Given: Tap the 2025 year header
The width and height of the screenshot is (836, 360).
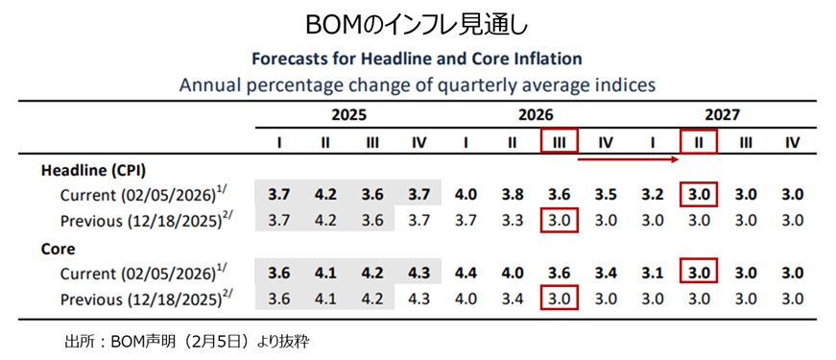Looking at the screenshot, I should (x=349, y=114).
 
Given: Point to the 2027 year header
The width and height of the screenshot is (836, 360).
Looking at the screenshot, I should (x=721, y=114).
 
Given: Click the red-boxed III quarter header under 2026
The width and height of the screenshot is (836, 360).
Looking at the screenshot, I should (x=559, y=141).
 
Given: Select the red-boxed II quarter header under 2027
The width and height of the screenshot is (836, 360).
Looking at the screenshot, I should (x=699, y=141).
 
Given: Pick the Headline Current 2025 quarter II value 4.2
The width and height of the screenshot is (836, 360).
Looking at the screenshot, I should (x=325, y=194).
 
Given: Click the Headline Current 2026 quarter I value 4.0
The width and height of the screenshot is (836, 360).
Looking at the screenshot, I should (x=466, y=194).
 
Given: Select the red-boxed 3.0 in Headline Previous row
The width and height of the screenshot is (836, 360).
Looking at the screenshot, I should (x=559, y=220).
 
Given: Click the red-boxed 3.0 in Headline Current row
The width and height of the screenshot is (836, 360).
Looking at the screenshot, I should (x=699, y=194).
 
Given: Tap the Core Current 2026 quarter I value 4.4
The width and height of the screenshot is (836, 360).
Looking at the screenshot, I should (x=466, y=273).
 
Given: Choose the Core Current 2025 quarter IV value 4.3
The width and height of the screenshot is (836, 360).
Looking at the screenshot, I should (x=418, y=273).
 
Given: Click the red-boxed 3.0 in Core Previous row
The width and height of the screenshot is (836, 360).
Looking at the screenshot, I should (x=559, y=299).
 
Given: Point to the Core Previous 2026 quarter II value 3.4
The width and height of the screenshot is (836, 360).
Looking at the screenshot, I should (x=513, y=299).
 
